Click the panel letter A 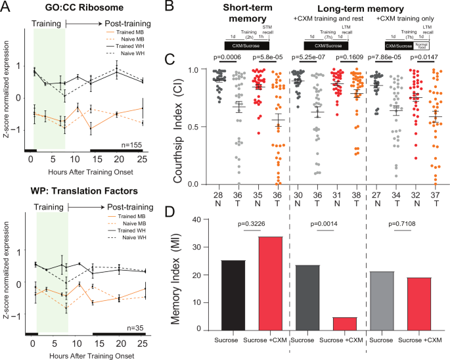(x=8, y=7)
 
